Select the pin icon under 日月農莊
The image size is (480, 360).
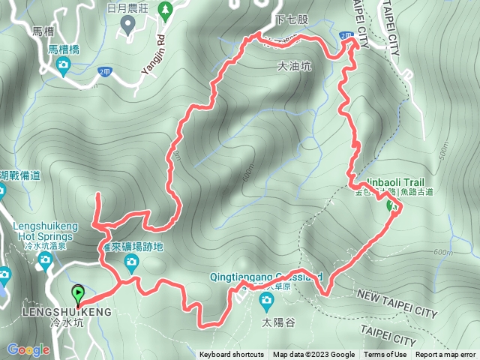pos(128,25)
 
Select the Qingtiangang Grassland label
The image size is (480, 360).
pos(267,274)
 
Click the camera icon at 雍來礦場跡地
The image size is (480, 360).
pos(131,262)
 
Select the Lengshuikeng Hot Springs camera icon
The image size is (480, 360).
pos(45,260)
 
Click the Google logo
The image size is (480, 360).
pos(28,349)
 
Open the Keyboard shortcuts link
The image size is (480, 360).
pos(231,355)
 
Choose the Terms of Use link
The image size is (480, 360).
pos(385,355)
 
